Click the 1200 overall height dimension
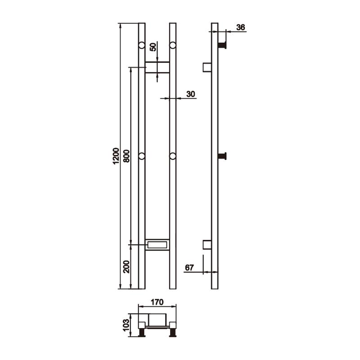coord(116,156)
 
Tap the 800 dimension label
coord(126,156)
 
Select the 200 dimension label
coord(126,266)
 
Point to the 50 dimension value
coord(153,47)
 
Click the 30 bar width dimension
coord(190,94)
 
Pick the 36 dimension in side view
coord(241,27)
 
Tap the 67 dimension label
coord(189,267)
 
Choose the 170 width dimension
coord(157,302)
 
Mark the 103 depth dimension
coord(126,324)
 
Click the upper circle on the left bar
coord(142,45)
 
